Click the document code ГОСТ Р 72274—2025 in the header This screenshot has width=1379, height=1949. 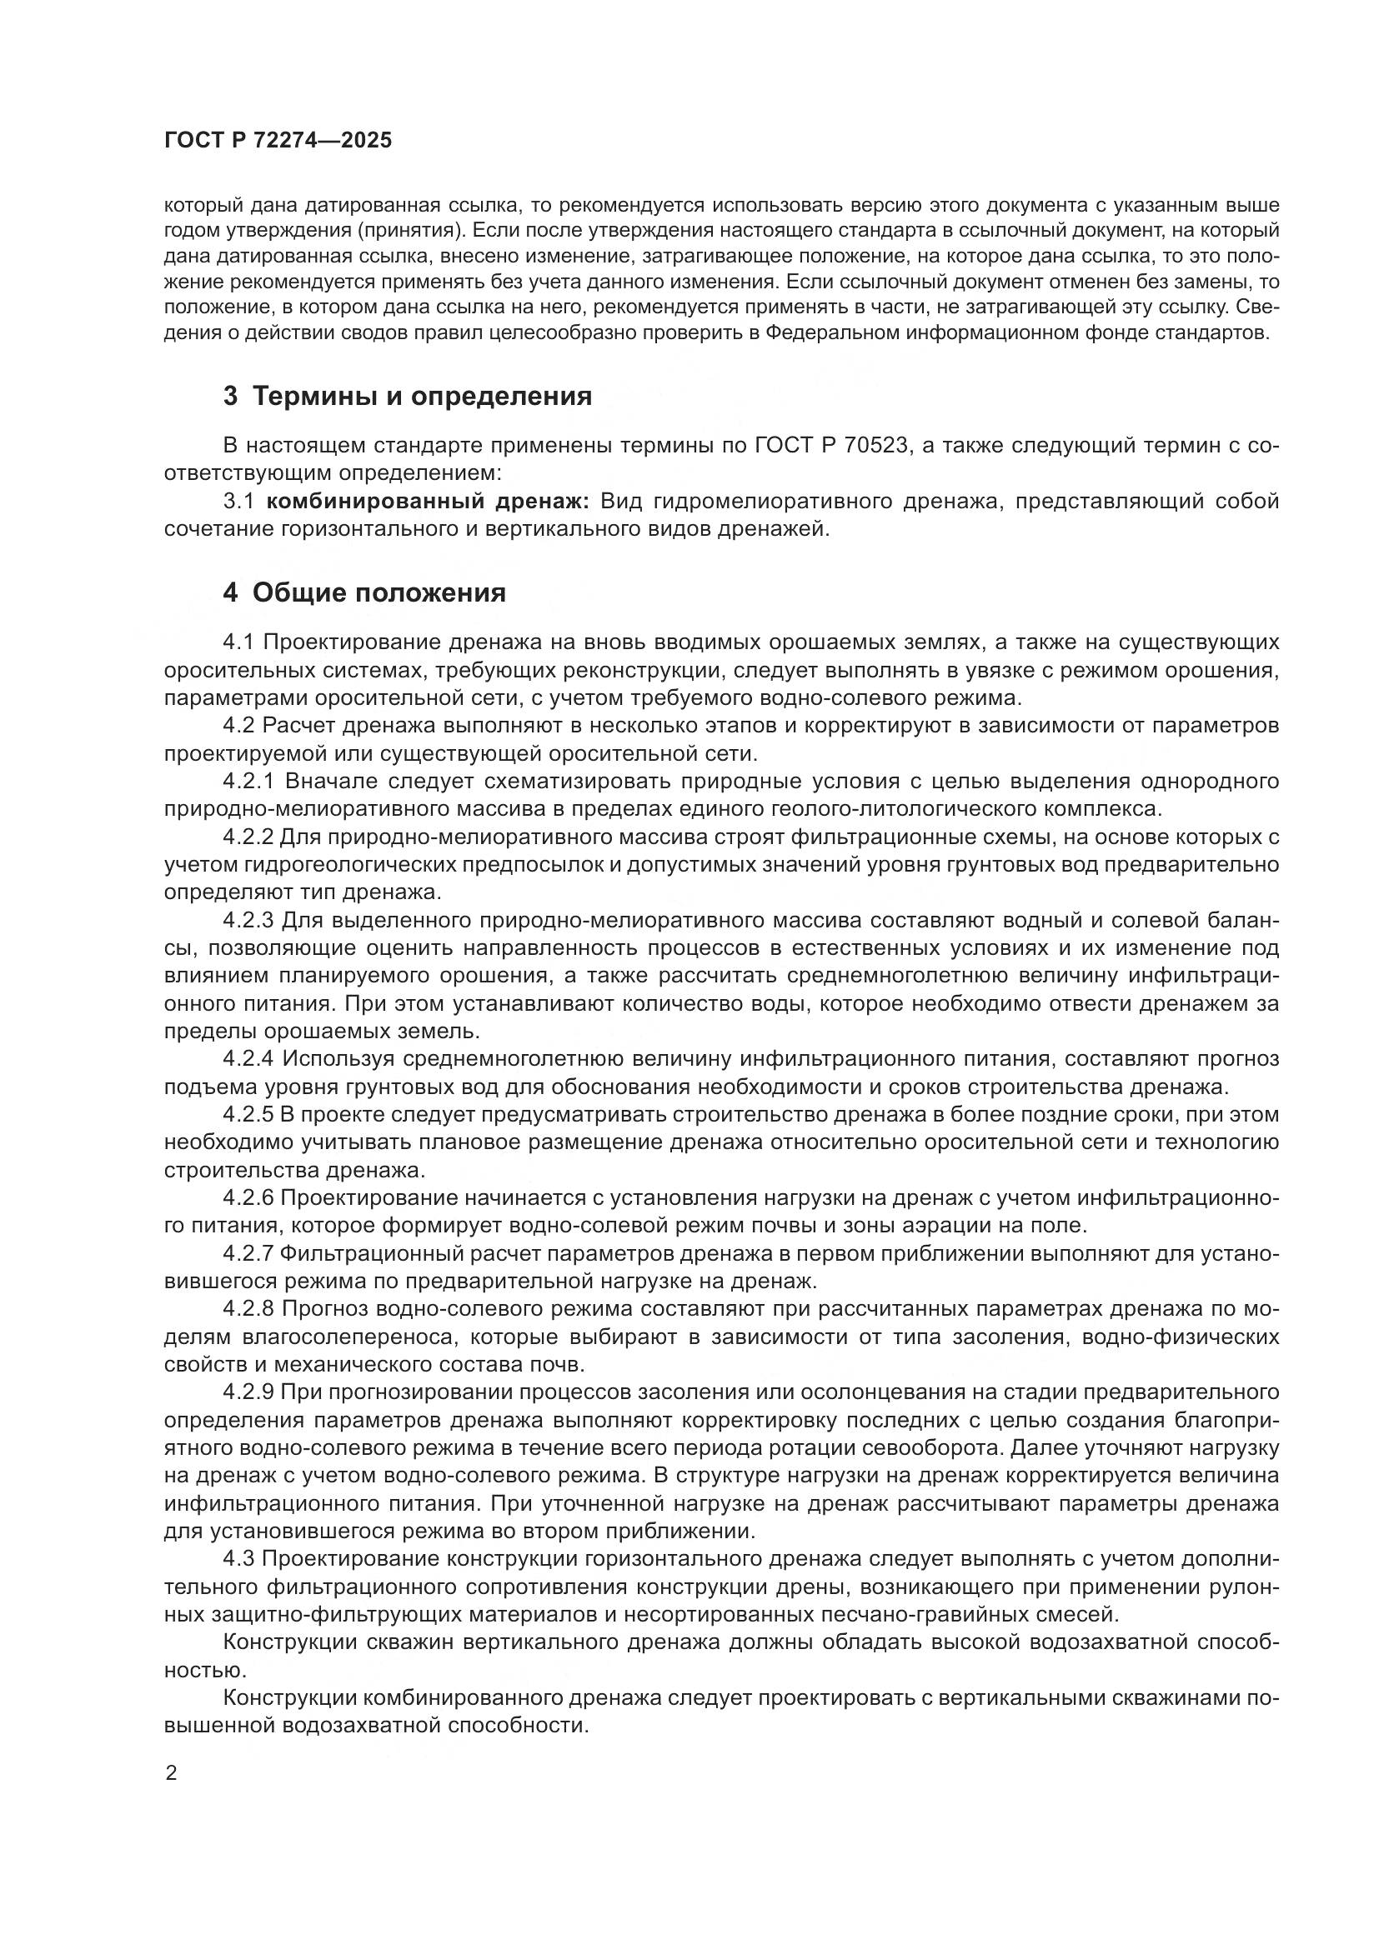point(278,140)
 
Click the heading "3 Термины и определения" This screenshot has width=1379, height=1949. point(407,397)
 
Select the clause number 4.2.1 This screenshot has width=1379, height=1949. point(250,781)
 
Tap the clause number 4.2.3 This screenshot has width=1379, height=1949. point(250,920)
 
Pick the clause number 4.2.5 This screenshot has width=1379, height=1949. point(250,1115)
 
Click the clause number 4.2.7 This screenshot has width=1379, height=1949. point(250,1254)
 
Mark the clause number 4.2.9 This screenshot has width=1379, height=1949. point(250,1393)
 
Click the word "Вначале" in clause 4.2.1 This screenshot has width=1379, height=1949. point(328,781)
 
